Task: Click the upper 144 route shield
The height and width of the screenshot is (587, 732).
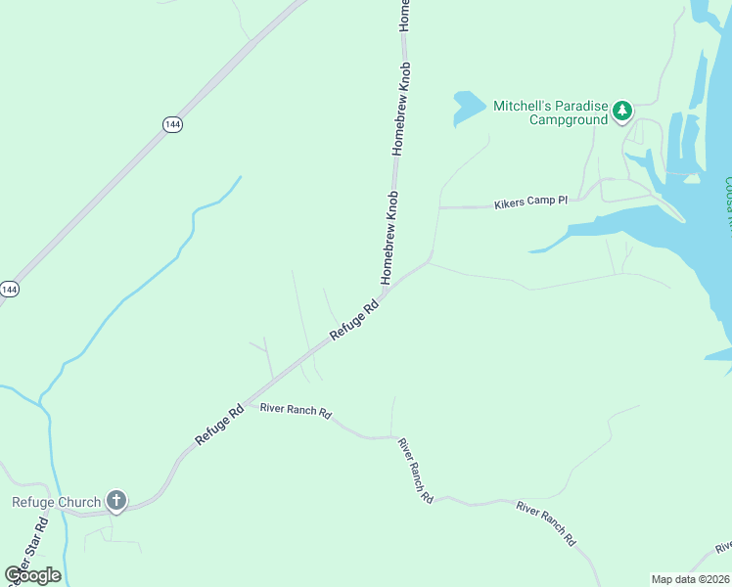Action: click(x=172, y=124)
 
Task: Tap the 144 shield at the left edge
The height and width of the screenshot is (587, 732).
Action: click(x=9, y=290)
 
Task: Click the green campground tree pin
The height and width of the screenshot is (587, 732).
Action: click(x=622, y=113)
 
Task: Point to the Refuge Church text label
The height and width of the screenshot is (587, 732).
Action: click(x=56, y=503)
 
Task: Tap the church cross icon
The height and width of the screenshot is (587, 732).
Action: click(x=115, y=503)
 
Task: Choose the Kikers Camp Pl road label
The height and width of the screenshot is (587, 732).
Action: click(x=530, y=203)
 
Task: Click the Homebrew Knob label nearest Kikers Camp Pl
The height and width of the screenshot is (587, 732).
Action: click(x=389, y=238)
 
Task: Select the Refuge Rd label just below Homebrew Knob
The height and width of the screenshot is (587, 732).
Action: click(x=354, y=321)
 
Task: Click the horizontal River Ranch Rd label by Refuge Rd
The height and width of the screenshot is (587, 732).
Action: click(x=296, y=410)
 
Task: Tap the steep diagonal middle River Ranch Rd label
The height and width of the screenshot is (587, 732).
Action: click(x=415, y=470)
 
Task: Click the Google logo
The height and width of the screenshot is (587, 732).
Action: click(x=32, y=575)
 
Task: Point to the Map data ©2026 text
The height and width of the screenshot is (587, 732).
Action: click(x=690, y=579)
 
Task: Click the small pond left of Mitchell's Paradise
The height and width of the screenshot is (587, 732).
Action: click(x=467, y=106)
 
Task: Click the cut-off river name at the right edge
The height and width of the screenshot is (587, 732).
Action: click(x=727, y=201)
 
